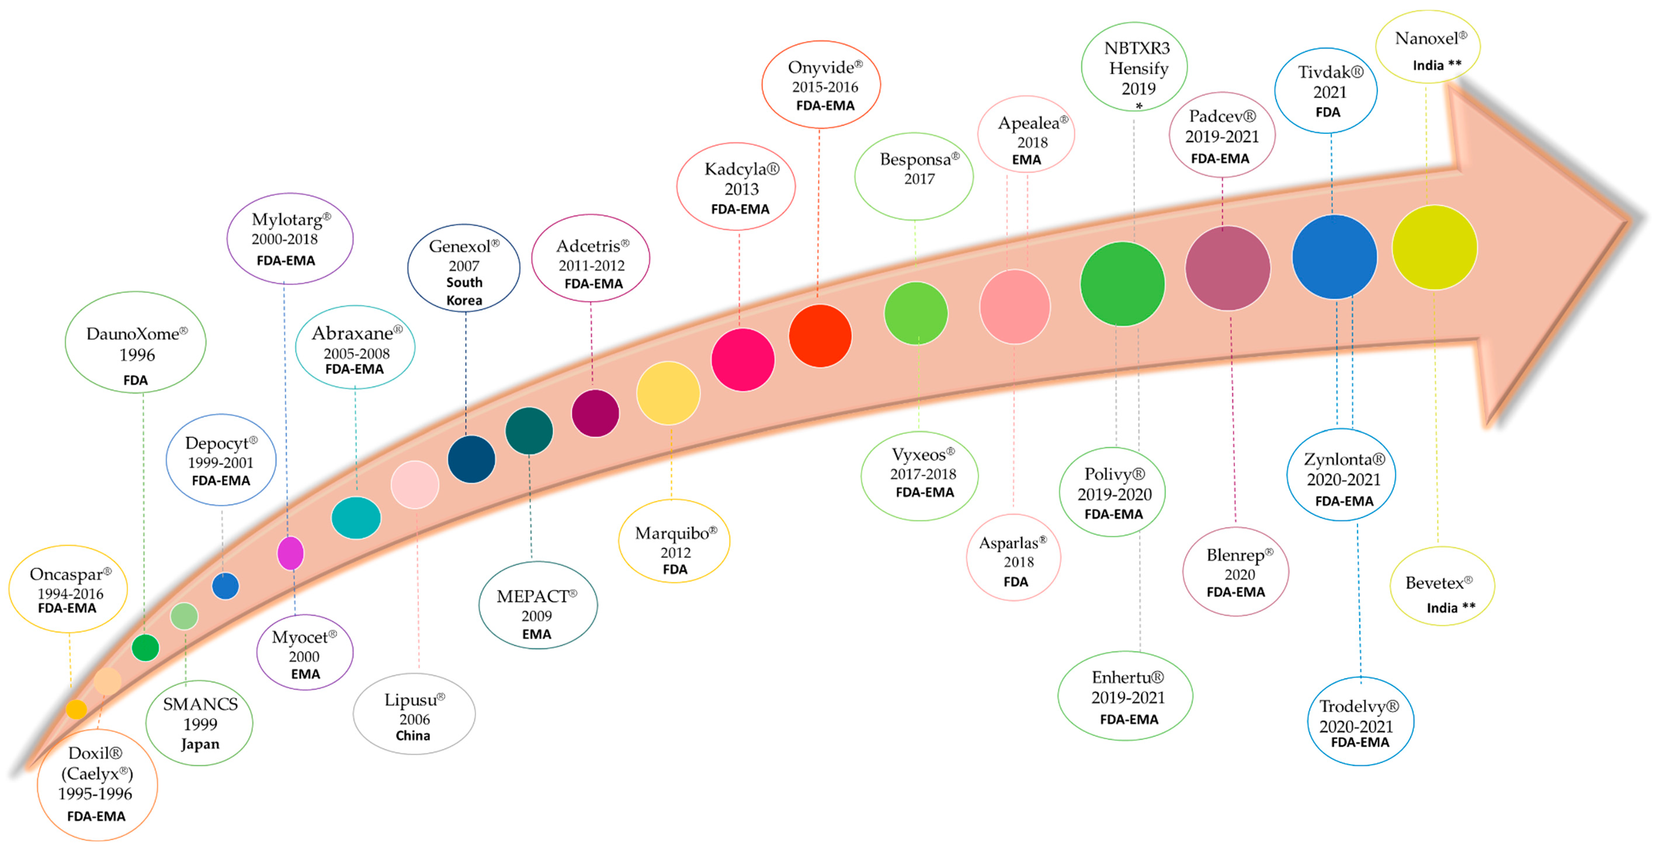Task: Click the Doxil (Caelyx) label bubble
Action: tap(97, 784)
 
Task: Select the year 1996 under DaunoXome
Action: tap(137, 355)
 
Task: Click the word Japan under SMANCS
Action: tap(200, 744)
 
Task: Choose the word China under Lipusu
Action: tap(413, 736)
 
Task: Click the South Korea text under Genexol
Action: tap(464, 291)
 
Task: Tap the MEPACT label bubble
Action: tap(538, 605)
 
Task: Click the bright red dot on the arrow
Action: tap(820, 335)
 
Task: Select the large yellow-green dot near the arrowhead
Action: tap(1434, 247)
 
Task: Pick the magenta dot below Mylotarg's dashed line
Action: tap(290, 553)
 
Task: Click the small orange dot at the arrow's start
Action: tap(76, 709)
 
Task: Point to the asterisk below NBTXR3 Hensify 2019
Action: tap(1139, 106)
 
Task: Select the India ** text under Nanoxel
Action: tap(1437, 65)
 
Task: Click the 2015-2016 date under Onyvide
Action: tap(825, 86)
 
